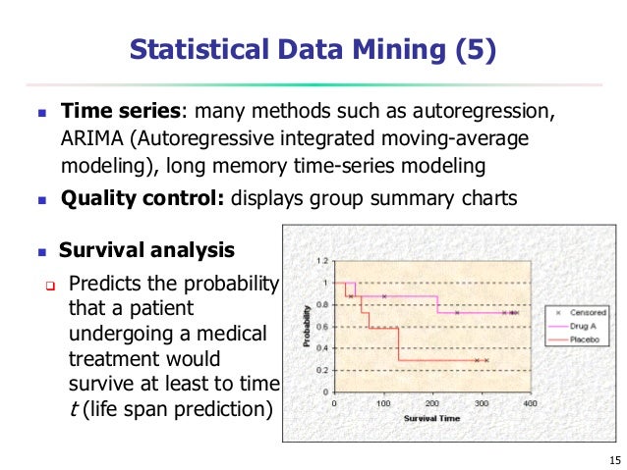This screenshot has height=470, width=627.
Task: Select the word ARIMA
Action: point(89,137)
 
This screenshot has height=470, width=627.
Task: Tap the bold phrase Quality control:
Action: point(142,199)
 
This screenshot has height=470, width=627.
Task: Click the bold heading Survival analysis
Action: point(146,249)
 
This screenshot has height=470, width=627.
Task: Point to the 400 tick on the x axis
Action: point(529,403)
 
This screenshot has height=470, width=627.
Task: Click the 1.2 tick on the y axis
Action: point(322,262)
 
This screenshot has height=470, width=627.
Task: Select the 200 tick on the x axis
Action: point(432,403)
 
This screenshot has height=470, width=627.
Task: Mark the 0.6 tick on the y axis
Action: point(322,327)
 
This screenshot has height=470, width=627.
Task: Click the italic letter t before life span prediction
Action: point(73,406)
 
